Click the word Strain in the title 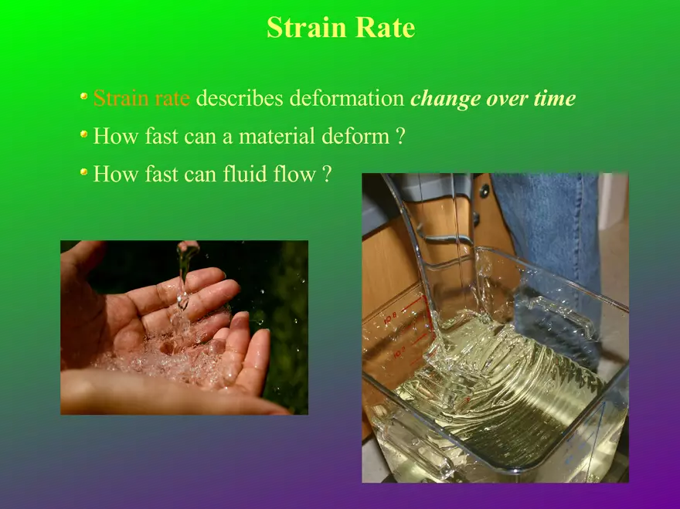(307, 27)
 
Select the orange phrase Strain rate (141, 98)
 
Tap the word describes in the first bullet (240, 98)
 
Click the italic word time (555, 98)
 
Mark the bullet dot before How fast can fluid (84, 172)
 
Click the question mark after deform (400, 136)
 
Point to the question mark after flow (327, 174)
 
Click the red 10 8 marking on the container (391, 320)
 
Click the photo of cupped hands (185, 327)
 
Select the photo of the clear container (495, 327)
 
